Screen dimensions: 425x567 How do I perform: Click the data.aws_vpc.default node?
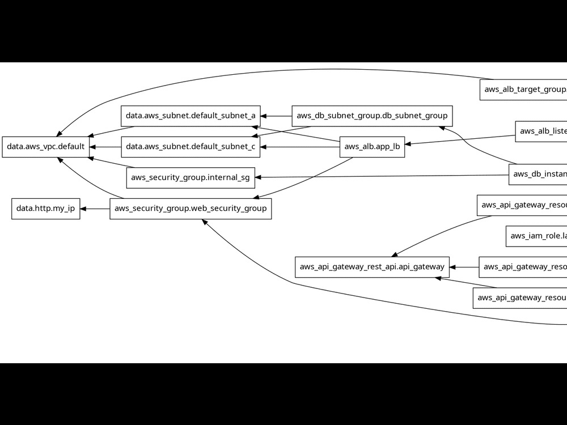45,147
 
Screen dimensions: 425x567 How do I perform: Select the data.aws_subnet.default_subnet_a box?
190,116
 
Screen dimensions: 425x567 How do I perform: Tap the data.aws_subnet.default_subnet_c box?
190,147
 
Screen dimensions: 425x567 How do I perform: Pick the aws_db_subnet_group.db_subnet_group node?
372,116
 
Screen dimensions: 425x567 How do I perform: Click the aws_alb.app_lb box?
372,147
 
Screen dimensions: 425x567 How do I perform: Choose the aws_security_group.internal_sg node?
190,177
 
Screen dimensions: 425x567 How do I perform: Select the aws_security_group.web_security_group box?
190,209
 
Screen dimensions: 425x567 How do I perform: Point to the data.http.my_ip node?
45,209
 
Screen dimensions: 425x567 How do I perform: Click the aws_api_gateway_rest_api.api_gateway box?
372,267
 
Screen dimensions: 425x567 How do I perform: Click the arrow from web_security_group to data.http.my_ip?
95,209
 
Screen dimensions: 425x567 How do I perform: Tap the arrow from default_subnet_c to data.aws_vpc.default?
105,147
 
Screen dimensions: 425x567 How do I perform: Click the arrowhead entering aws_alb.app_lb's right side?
409,144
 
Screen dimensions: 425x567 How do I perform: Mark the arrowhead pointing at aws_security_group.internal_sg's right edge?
259,177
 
